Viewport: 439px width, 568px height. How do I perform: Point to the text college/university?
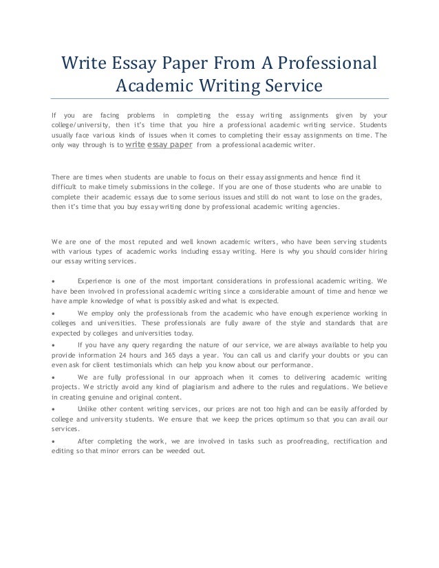(82, 126)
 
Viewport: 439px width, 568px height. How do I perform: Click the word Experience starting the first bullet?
(96, 281)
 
